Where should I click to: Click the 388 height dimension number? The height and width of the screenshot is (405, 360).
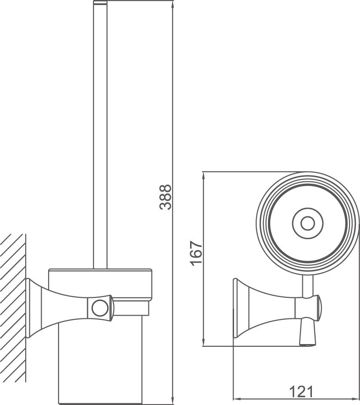(x=165, y=197)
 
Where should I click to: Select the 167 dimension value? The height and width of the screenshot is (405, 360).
(x=196, y=253)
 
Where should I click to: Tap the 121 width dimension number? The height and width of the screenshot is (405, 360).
(x=301, y=392)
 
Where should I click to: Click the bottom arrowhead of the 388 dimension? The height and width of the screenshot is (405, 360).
(x=173, y=401)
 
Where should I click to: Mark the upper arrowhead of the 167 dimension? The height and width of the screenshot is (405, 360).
(x=203, y=175)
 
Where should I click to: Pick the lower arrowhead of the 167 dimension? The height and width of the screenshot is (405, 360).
(x=203, y=343)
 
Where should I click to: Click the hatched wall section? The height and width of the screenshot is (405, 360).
(x=13, y=307)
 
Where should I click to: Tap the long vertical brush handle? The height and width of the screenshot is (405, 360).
(x=100, y=137)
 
